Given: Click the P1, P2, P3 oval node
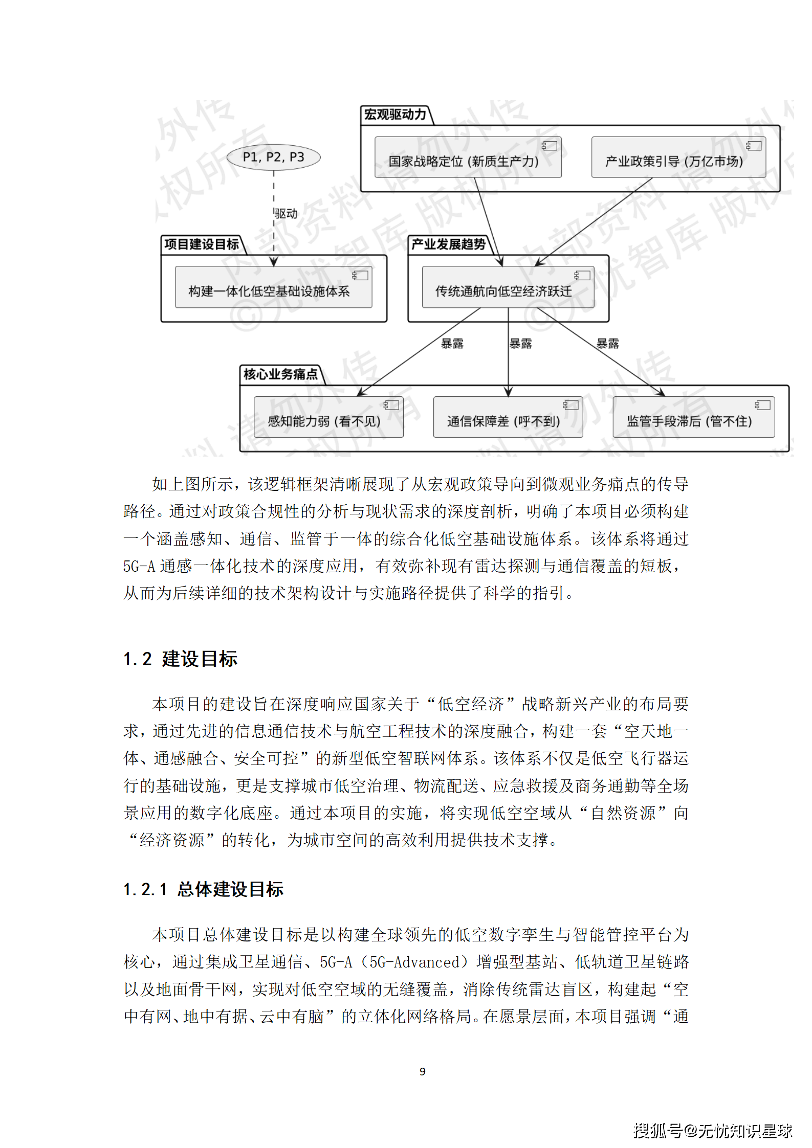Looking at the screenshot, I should pos(273,157).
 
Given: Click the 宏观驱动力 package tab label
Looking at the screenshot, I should pos(395,115).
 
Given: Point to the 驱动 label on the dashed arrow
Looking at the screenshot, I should pos(286,213).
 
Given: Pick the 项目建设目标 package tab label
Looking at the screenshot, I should pos(202,244).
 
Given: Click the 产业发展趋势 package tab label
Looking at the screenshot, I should pos(448,244).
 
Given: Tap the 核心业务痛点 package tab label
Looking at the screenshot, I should pos(280,374).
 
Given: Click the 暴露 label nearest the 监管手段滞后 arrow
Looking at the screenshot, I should pos(607,344).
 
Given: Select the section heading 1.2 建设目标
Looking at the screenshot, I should pos(181,659).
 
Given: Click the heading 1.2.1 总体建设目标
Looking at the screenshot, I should pos(204,889).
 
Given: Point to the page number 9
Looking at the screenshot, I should pos(422,1071).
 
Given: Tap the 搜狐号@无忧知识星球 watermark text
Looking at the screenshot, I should pos(713,1131).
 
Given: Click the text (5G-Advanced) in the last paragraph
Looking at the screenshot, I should pos(414,962).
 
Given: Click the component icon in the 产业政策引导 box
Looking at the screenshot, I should pos(753,146).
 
